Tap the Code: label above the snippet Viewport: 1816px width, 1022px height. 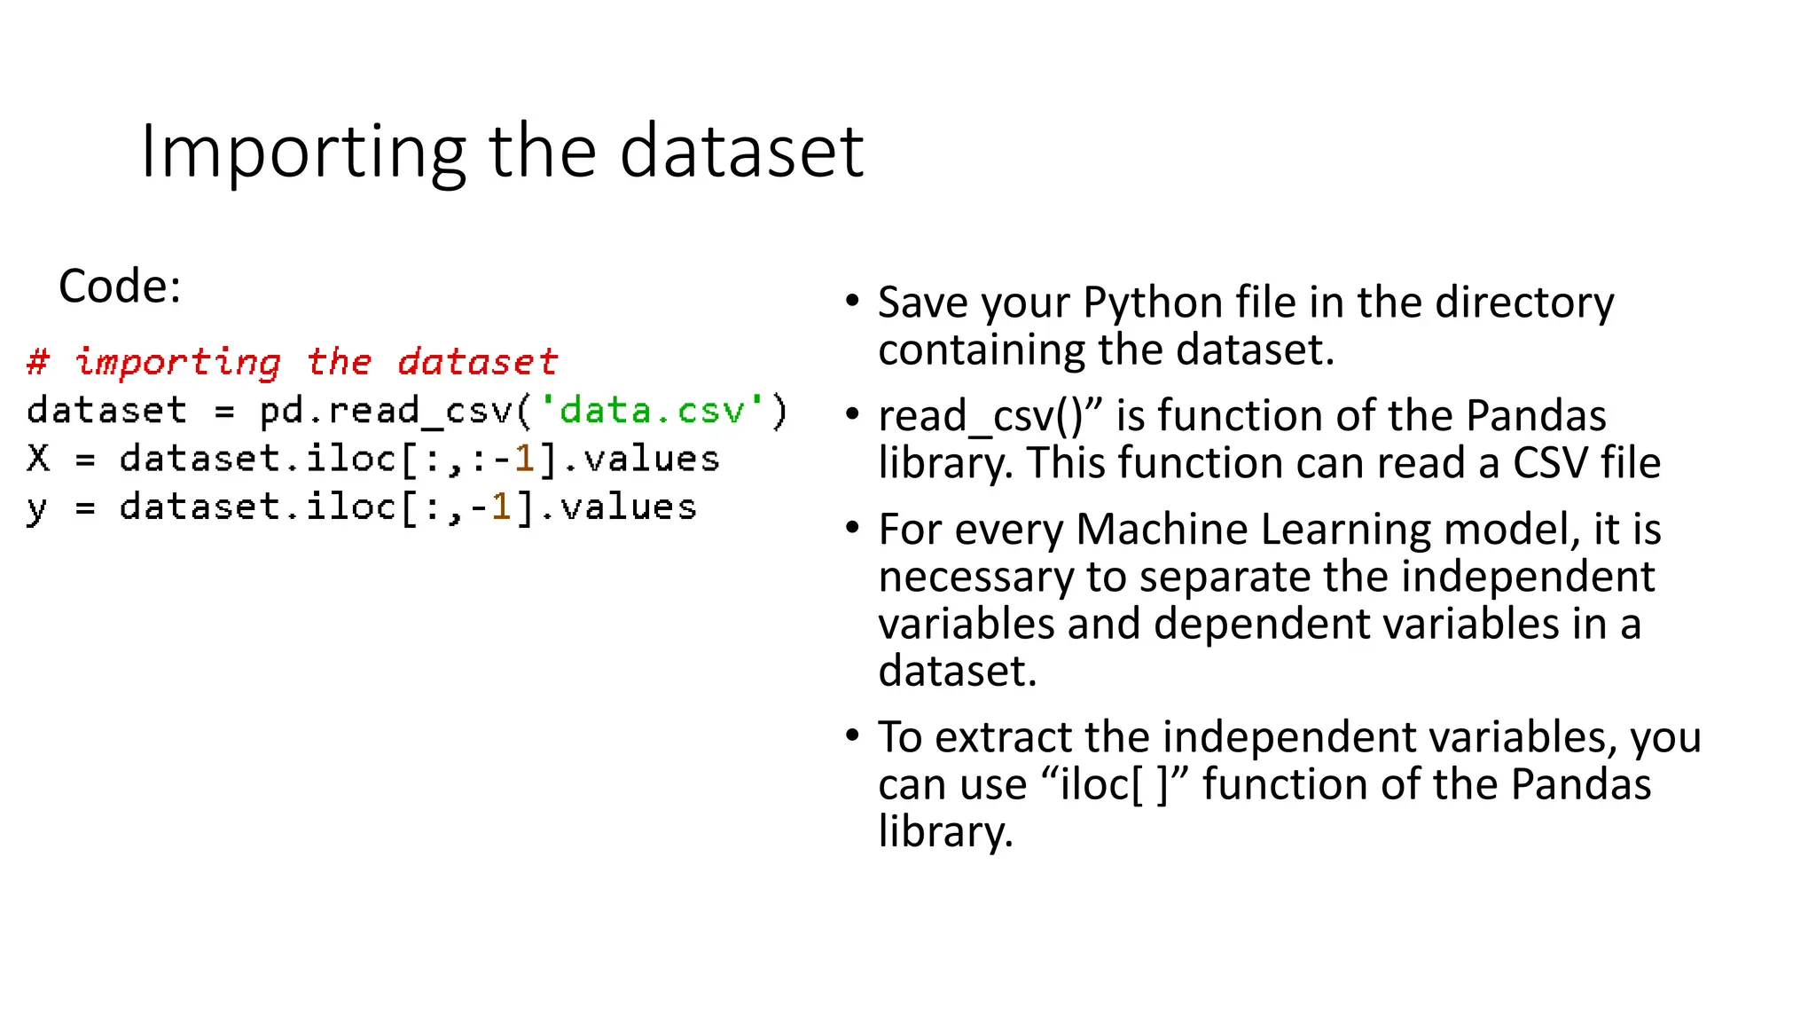120,287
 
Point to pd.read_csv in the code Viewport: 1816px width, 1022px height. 387,411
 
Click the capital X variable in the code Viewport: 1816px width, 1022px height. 38,459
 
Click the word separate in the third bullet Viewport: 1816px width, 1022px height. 1224,577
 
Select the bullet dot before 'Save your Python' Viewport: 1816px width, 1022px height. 852,301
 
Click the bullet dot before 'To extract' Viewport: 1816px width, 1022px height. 852,735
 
